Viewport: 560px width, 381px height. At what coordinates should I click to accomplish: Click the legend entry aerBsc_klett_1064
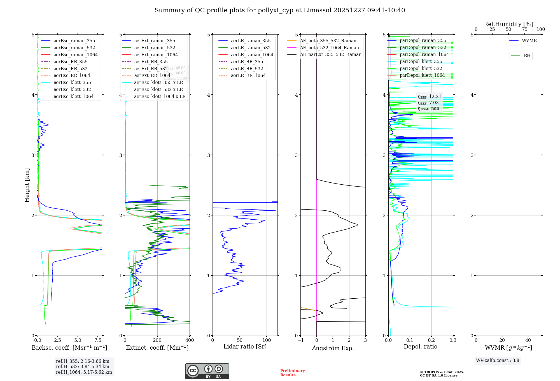click(73, 96)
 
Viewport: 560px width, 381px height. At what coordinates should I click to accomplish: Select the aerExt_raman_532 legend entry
click(155, 48)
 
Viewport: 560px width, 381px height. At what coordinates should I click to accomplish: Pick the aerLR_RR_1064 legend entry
click(248, 75)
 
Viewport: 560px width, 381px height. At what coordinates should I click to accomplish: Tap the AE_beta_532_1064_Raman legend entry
click(329, 48)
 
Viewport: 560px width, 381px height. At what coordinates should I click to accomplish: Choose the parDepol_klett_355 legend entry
click(421, 61)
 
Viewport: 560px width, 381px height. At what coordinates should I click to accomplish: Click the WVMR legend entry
click(529, 41)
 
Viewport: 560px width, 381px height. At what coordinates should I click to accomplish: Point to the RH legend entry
click(527, 56)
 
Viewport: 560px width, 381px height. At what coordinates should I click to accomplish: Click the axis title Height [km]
click(27, 185)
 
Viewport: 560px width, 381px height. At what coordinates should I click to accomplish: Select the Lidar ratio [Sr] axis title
click(245, 347)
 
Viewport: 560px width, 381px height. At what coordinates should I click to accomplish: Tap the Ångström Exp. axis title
click(333, 348)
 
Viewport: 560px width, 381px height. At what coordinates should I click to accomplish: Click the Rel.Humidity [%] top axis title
click(508, 24)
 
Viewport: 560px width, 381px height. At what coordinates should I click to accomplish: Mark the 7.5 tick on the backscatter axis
click(98, 340)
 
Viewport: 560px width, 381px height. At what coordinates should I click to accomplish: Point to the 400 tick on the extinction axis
click(190, 340)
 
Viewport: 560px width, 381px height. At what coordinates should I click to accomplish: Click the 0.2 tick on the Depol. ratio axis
click(431, 340)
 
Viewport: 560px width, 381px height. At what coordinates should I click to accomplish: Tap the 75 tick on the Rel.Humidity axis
click(524, 29)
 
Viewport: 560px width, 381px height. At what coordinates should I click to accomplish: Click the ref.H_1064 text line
click(84, 372)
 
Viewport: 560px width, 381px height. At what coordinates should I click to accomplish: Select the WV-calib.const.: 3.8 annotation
click(498, 360)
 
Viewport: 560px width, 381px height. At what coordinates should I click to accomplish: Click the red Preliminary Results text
click(292, 373)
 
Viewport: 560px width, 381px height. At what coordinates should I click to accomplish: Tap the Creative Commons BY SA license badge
click(207, 371)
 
